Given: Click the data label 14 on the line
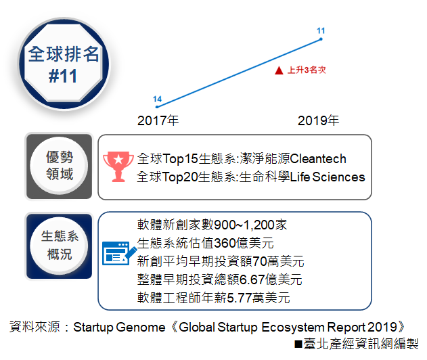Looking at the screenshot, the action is pyautogui.click(x=157, y=99).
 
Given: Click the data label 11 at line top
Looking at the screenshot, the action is pyautogui.click(x=321, y=30).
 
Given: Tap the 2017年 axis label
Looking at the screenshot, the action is pyautogui.click(x=158, y=120).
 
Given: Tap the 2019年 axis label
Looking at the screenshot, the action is pyautogui.click(x=318, y=120).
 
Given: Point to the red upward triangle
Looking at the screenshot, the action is pyautogui.click(x=279, y=70).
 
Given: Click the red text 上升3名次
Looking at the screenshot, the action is pyautogui.click(x=307, y=70).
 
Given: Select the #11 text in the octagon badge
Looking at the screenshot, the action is pyautogui.click(x=63, y=76).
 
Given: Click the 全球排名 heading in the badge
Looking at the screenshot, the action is pyautogui.click(x=64, y=54).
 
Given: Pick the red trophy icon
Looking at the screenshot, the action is pyautogui.click(x=118, y=166).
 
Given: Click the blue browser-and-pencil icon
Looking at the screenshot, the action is pyautogui.click(x=119, y=253).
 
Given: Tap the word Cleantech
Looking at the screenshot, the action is pyautogui.click(x=318, y=159).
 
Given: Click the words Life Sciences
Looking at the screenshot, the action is pyautogui.click(x=328, y=177).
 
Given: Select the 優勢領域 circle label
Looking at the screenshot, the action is pyautogui.click(x=60, y=165).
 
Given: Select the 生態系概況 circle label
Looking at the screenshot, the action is pyautogui.click(x=60, y=245).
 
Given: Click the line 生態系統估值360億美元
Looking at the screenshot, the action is pyautogui.click(x=205, y=243).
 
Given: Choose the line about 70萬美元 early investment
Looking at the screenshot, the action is pyautogui.click(x=221, y=261).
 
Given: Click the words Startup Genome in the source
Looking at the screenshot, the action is pyautogui.click(x=119, y=328).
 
